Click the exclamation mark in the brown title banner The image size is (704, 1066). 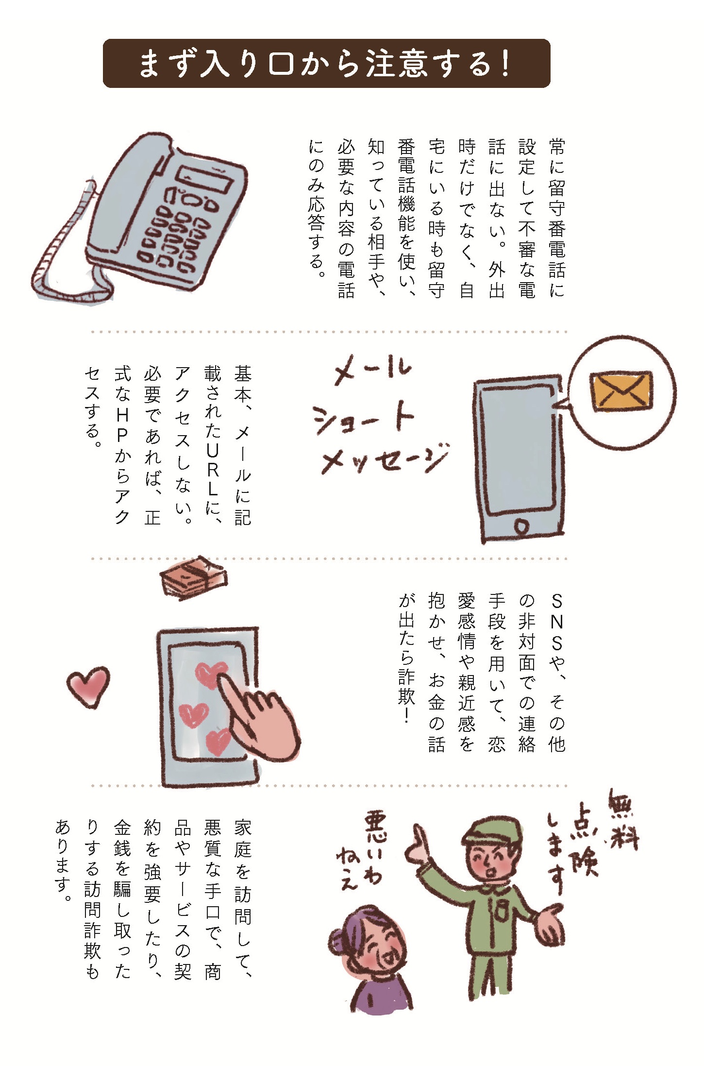click(x=505, y=64)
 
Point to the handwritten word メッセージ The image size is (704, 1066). click(x=384, y=458)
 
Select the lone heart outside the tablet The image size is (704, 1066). click(x=88, y=686)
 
